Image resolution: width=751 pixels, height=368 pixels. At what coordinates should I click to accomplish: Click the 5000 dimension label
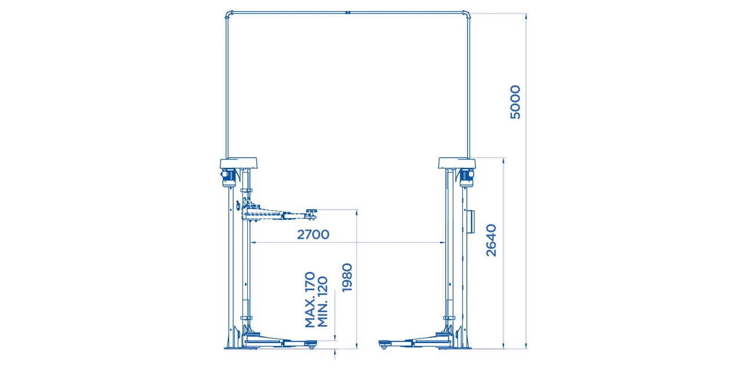click(x=515, y=102)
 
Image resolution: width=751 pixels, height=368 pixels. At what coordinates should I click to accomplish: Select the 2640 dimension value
click(x=491, y=240)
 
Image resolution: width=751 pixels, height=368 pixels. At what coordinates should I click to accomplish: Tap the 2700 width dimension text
click(x=313, y=235)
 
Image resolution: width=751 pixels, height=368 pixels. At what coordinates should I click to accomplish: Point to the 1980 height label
click(x=347, y=278)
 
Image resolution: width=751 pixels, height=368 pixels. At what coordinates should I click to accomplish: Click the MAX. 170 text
click(x=310, y=299)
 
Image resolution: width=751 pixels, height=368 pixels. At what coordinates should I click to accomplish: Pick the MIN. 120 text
click(x=322, y=302)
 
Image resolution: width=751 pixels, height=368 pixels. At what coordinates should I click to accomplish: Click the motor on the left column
click(x=228, y=178)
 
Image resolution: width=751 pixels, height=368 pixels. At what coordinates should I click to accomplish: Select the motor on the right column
click(x=467, y=178)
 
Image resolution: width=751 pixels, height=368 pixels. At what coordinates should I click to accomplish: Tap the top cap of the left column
click(x=238, y=163)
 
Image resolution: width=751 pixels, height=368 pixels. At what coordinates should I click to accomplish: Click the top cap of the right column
click(x=457, y=163)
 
